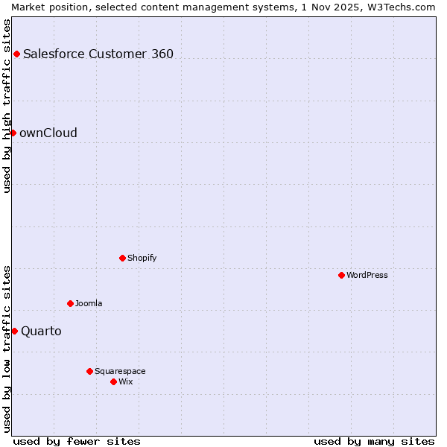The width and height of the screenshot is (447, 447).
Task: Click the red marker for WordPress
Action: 341,275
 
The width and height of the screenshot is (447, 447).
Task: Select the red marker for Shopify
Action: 122,258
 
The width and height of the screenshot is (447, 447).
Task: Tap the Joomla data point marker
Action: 70,303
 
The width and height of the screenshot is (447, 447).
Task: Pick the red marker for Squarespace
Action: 89,371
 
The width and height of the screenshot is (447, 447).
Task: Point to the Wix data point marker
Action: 113,381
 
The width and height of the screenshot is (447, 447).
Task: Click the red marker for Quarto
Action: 14,331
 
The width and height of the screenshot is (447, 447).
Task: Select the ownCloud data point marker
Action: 13,133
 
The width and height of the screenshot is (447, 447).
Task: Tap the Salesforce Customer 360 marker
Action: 16,54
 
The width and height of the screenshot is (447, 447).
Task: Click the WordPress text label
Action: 367,275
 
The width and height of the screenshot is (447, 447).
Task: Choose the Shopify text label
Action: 142,258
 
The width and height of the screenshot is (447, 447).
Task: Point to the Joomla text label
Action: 89,303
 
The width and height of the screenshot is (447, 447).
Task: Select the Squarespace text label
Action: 120,371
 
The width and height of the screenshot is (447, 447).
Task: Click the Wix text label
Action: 126,381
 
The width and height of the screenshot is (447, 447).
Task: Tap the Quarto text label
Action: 41,331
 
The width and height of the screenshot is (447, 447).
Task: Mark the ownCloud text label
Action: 48,133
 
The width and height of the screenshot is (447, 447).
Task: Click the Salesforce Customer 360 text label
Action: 98,54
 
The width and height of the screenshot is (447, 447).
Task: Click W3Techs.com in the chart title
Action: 403,7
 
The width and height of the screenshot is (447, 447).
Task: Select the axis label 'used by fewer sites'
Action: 77,441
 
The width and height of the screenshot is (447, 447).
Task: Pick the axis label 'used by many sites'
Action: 374,441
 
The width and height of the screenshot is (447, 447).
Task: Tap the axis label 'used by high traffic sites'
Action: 7,105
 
